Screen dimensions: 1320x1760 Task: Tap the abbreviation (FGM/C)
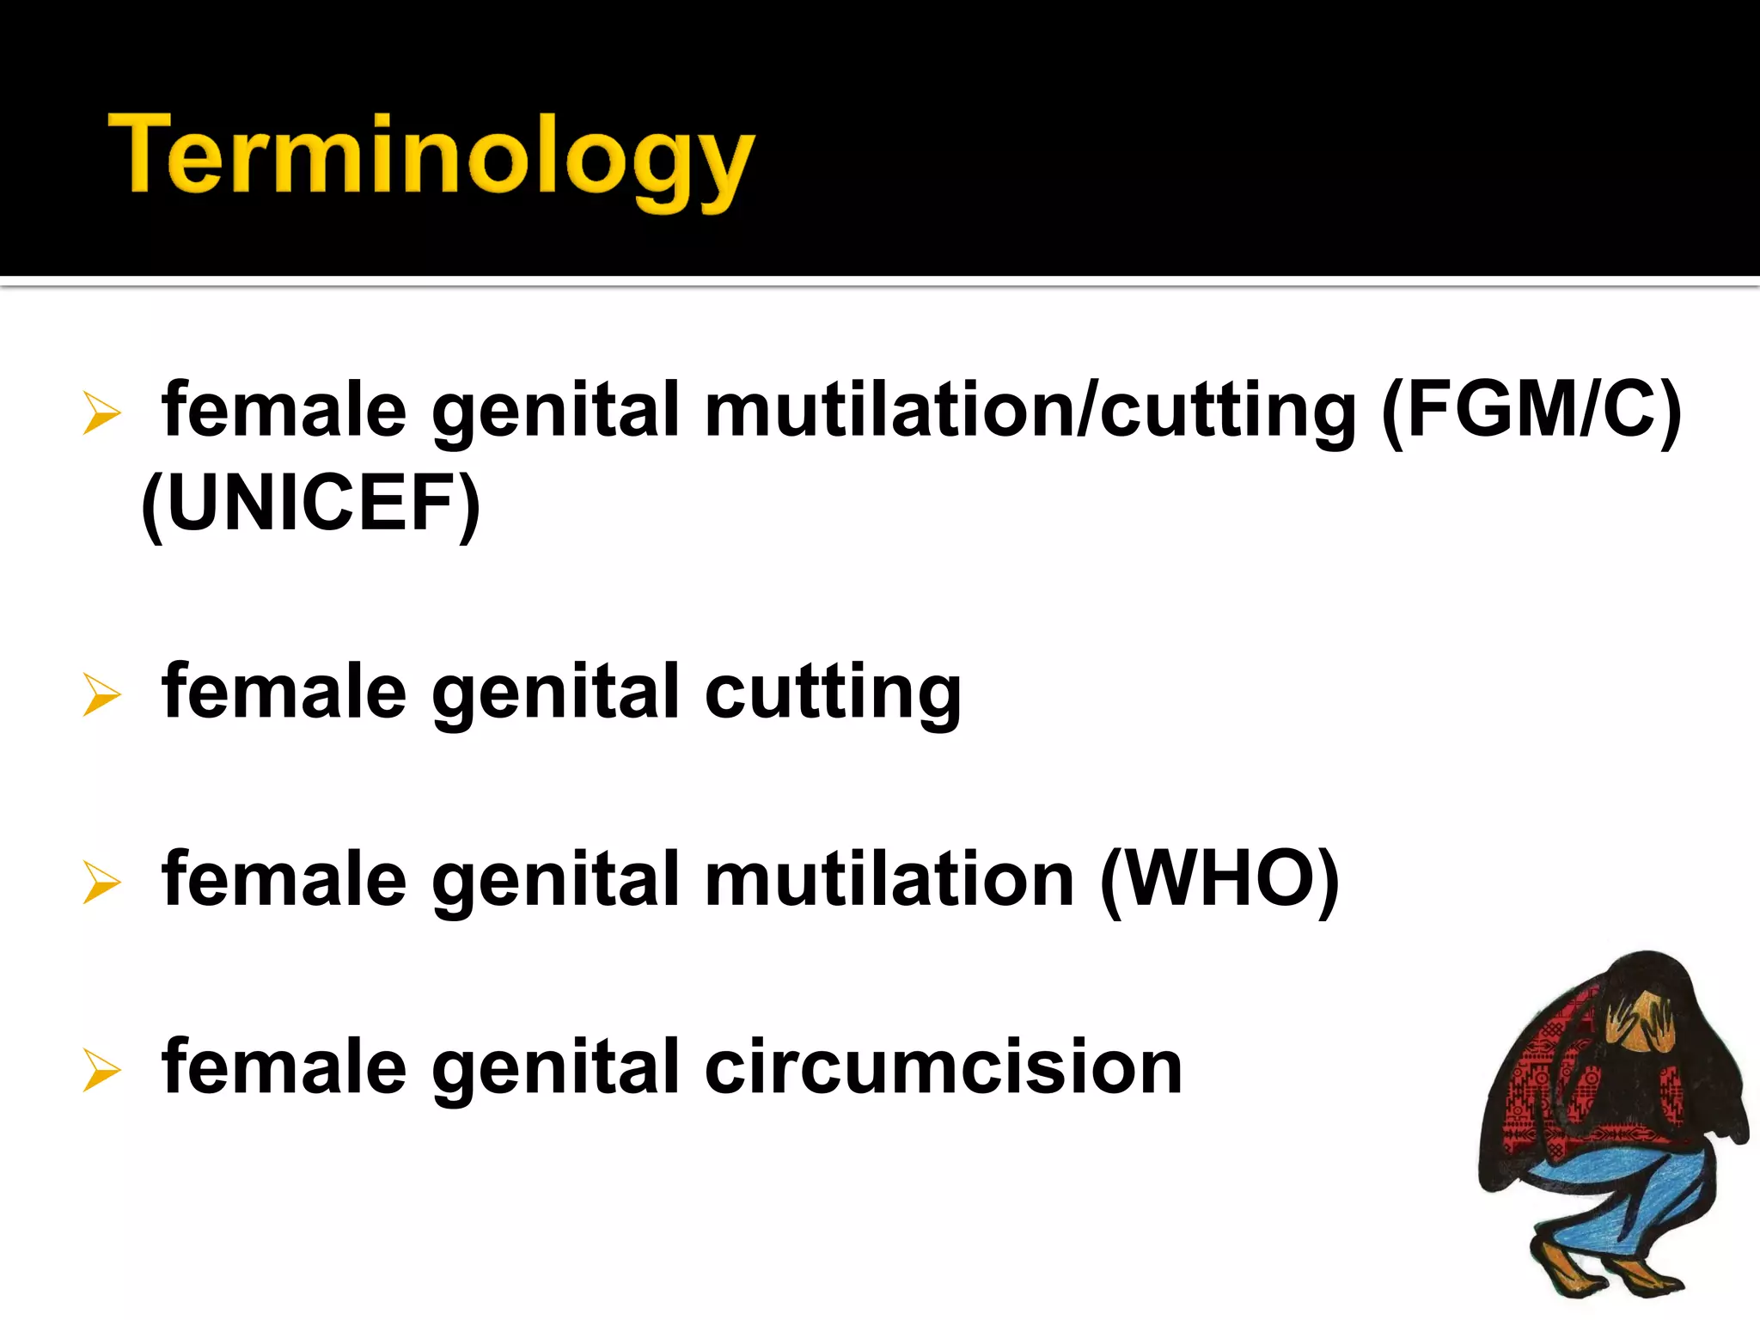[x=1531, y=411]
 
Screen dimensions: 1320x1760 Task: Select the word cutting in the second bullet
[x=832, y=693]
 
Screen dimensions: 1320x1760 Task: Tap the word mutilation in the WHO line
[x=889, y=880]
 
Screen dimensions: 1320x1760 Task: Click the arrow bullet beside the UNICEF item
[x=101, y=412]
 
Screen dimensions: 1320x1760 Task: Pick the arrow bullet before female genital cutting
[x=101, y=694]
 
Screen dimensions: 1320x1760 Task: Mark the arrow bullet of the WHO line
[x=101, y=882]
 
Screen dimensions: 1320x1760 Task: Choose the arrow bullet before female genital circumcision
[x=101, y=1070]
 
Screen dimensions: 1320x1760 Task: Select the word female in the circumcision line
[x=284, y=1067]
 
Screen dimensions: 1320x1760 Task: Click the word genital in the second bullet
[x=556, y=693]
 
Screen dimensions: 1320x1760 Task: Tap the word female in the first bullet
[x=284, y=411]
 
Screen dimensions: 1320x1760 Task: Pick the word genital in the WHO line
[x=556, y=880]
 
